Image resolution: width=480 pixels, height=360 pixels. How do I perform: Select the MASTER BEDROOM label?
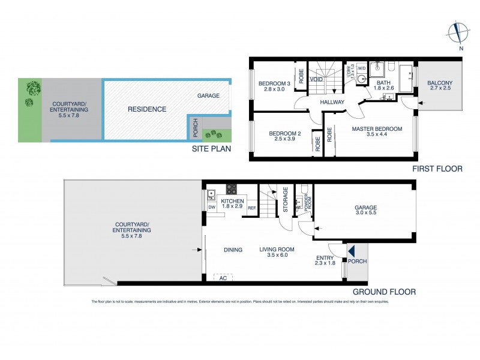pyautogui.click(x=377, y=129)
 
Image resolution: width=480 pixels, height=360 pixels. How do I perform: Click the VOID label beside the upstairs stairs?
pyautogui.click(x=316, y=79)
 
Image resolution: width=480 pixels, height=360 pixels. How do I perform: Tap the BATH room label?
pyautogui.click(x=384, y=83)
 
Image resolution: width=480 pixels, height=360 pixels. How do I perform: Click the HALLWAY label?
pyautogui.click(x=332, y=102)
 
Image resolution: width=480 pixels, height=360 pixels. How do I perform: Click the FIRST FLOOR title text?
pyautogui.click(x=437, y=169)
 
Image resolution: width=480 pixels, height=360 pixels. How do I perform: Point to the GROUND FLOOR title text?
pyautogui.click(x=389, y=292)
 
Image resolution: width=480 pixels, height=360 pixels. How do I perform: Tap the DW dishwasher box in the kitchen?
pyautogui.click(x=211, y=208)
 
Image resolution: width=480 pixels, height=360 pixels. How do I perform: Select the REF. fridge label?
pyautogui.click(x=251, y=208)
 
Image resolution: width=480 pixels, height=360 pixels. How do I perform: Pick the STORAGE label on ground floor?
pyautogui.click(x=286, y=200)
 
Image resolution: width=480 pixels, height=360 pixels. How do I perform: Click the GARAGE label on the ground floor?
pyautogui.click(x=365, y=209)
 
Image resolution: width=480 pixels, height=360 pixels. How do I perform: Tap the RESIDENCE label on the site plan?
pyautogui.click(x=147, y=109)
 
